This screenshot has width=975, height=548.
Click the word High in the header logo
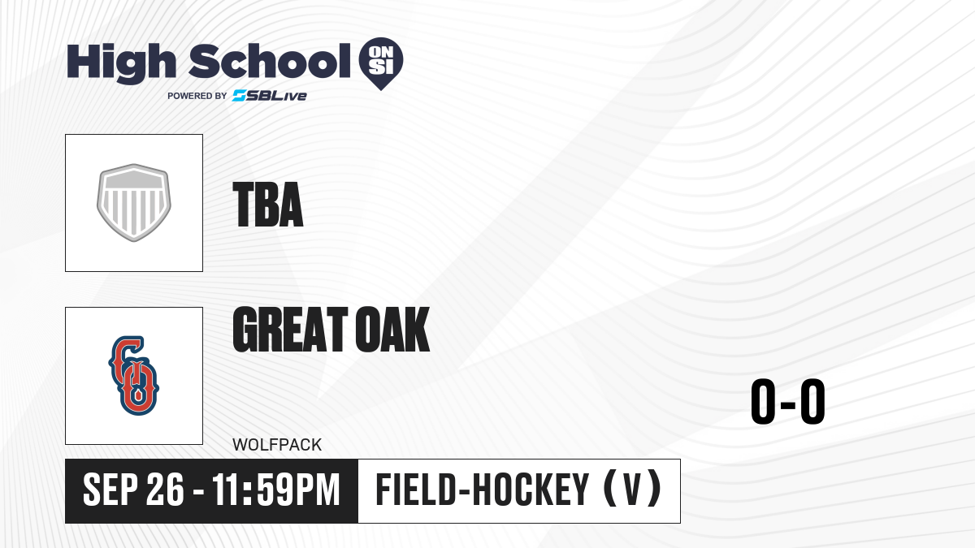tap(121, 63)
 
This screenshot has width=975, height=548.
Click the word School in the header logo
tap(270, 61)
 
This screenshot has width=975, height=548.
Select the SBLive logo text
tap(270, 96)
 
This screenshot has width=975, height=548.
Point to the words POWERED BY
tap(197, 96)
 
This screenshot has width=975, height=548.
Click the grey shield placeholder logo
tap(133, 203)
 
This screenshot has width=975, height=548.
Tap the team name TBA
tap(267, 205)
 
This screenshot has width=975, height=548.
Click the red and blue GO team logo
tap(133, 375)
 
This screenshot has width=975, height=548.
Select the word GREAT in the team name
tap(290, 330)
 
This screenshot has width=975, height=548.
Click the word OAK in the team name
tap(392, 330)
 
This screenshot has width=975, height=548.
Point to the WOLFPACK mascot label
tap(277, 445)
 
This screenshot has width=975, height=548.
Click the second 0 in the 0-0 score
tap(812, 401)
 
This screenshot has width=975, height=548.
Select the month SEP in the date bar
tap(110, 490)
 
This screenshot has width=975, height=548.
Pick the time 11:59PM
tap(275, 490)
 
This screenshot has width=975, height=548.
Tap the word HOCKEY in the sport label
tap(531, 490)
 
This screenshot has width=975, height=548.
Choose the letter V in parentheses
tap(632, 490)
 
